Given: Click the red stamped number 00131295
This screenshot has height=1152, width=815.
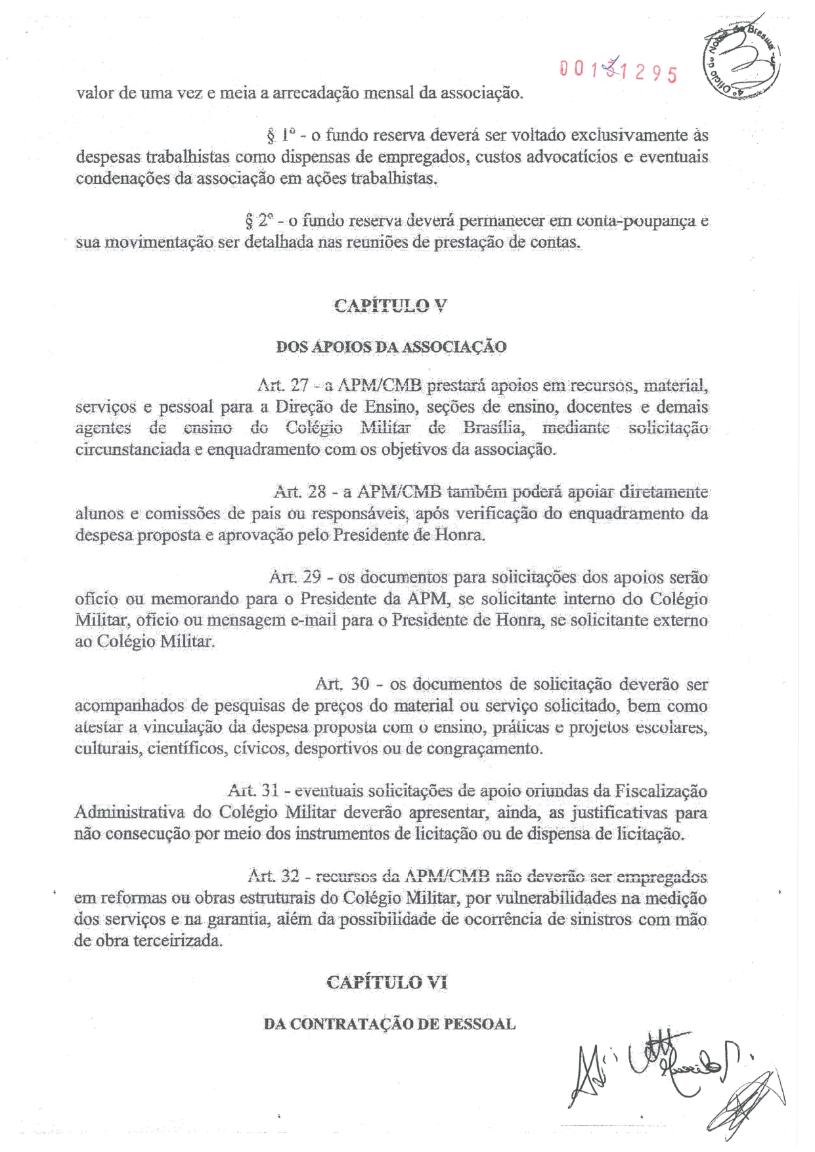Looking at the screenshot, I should (617, 70).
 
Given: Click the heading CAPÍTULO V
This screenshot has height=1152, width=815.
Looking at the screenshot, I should (390, 305).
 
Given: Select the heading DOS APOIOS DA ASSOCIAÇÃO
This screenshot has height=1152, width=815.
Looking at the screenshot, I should (391, 347).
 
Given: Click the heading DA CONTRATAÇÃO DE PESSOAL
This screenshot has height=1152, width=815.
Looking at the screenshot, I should (389, 1024).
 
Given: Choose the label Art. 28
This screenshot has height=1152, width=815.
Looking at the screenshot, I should (296, 492).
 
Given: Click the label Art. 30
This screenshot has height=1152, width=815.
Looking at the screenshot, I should (342, 684).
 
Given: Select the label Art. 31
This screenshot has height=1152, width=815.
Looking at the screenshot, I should (253, 791).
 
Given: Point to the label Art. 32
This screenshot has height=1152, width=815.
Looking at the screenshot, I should (273, 876).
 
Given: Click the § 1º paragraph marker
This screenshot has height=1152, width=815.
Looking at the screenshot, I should (278, 136).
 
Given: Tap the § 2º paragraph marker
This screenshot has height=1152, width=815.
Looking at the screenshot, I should (257, 221).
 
